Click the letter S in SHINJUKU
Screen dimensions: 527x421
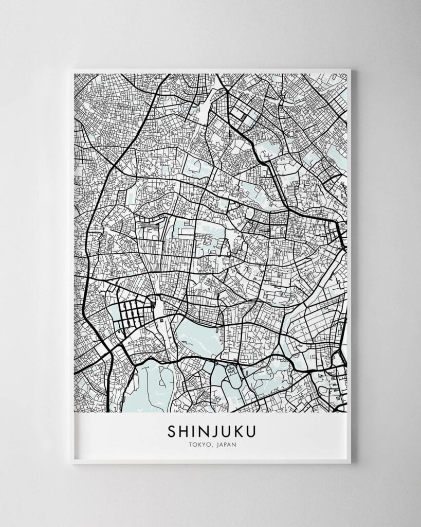tap(171, 430)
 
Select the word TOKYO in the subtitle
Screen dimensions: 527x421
tap(198, 445)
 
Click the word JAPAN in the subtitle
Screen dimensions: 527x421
tap(227, 445)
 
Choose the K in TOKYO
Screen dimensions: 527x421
tap(198, 445)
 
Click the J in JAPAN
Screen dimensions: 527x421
tap(217, 445)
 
